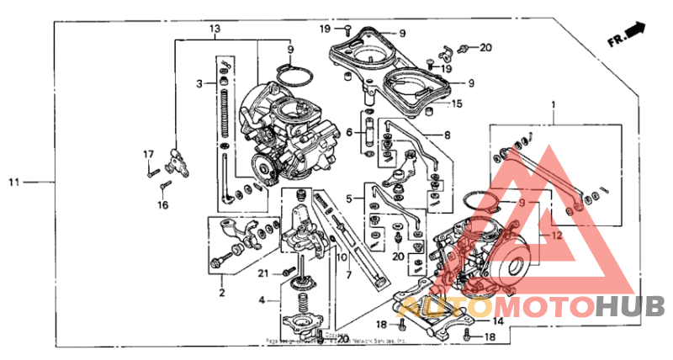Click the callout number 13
[215, 29]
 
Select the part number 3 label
[199, 83]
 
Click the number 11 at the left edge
[13, 181]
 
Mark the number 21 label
[263, 273]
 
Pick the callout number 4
[262, 299]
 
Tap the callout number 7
[348, 274]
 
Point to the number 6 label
[348, 132]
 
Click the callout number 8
[447, 134]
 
